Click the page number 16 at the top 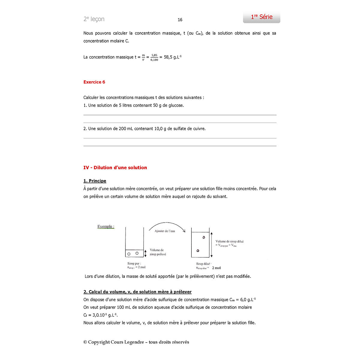(x=180, y=20)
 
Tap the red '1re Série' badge (x=262, y=17)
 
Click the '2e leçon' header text (x=94, y=19)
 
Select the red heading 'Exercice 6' (x=94, y=82)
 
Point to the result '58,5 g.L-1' (x=172, y=57)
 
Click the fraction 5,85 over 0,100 (x=154, y=57)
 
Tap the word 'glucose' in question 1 (x=176, y=106)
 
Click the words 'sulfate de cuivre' (x=189, y=129)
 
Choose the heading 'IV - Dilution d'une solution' (x=115, y=168)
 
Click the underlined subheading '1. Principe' (x=95, y=181)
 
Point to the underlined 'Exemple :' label (x=106, y=226)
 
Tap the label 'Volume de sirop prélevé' (x=157, y=252)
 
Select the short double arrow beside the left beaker (x=145, y=253)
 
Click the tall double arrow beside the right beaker (x=211, y=244)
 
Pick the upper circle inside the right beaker (x=204, y=237)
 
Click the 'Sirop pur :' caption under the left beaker (x=134, y=264)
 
